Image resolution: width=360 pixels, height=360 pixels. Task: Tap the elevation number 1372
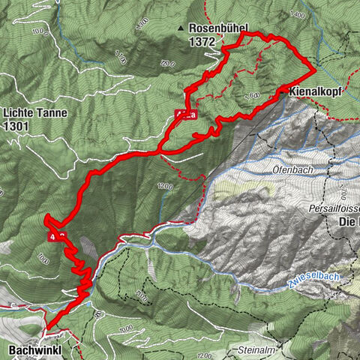coord(202,43)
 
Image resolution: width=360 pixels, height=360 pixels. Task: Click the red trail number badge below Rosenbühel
coord(185,114)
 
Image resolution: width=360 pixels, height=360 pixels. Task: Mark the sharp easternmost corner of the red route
coord(313,68)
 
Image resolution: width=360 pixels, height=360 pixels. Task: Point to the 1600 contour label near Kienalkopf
coord(252,95)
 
